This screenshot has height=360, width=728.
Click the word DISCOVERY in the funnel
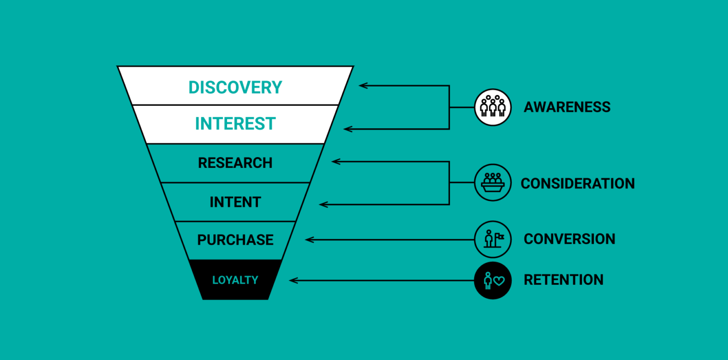[235, 87]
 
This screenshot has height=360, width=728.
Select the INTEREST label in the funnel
[235, 124]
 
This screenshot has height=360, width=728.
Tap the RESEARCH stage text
[235, 163]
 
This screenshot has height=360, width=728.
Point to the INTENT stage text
[235, 202]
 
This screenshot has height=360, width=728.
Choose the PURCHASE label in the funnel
[235, 240]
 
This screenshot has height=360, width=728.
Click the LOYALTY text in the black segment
[235, 280]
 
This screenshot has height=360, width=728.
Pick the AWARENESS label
[567, 107]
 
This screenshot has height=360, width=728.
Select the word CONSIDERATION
[577, 183]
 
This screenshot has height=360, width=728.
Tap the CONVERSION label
[569, 239]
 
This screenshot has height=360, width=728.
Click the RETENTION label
[563, 280]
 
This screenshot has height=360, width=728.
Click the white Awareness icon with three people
[493, 107]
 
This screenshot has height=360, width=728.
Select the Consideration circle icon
[493, 183]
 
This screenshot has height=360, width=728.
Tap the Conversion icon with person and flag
[493, 239]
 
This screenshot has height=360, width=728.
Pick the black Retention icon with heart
[493, 280]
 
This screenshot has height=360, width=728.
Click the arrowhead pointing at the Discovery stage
[362, 85]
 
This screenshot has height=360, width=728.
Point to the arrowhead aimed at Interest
[347, 129]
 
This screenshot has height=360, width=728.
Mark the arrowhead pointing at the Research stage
[335, 161]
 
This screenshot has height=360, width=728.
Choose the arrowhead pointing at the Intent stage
[323, 204]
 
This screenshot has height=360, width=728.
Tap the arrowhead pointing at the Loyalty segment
[292, 280]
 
